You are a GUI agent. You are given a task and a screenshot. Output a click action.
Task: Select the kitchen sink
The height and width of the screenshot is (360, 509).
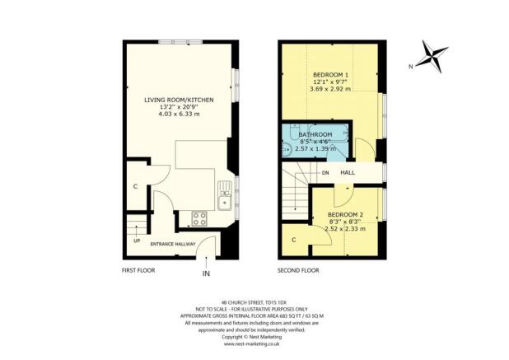[223, 199]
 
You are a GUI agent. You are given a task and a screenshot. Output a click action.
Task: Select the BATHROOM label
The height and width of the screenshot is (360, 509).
[315, 134]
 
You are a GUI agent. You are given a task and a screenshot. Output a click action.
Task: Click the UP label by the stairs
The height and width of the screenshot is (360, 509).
[136, 241]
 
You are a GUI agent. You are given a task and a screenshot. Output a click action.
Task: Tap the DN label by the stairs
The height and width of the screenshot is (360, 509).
[325, 172]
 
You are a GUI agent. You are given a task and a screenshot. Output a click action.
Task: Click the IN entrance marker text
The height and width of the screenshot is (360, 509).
[206, 274]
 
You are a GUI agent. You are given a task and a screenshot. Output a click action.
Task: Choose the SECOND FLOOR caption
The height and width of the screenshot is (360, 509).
[297, 269]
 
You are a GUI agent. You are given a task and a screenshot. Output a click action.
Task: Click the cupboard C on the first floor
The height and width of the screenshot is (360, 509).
[134, 185]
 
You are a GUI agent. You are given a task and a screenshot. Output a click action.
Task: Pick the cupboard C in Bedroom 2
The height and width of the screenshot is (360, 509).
[294, 239]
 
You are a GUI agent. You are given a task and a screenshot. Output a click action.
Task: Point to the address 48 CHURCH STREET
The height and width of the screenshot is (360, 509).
[254, 302]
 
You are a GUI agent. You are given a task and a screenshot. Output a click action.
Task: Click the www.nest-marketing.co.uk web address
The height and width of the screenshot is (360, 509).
[254, 344]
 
